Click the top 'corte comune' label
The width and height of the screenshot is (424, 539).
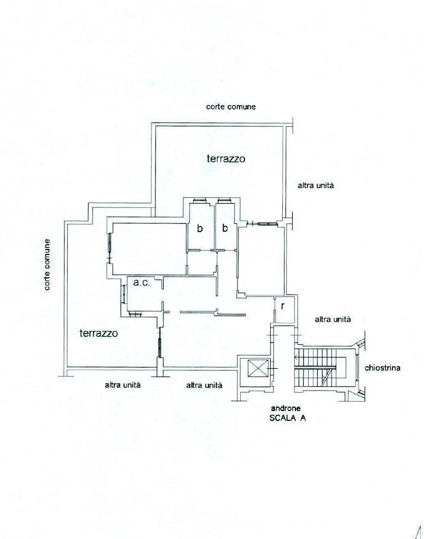pos(230,107)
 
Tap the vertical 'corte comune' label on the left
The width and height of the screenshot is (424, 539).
pos(47,265)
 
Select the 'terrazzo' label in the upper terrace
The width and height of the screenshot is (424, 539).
pos(226,159)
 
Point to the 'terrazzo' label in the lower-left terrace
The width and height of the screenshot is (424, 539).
pos(98,333)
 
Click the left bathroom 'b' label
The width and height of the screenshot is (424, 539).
pos(200,228)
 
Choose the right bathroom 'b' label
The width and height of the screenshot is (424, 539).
pos(225,228)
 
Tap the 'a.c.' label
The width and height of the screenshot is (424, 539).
pos(142,282)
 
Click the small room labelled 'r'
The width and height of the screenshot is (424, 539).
pos(285,309)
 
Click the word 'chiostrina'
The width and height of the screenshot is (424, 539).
pos(382,368)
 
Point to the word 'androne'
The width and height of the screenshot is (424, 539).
pos(286,408)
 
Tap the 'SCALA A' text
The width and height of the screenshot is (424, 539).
pos(288,418)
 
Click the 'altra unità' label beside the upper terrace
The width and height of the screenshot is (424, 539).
pos(316,186)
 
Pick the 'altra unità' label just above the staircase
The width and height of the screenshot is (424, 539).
pos(333,320)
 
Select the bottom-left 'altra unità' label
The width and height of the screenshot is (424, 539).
pos(123,385)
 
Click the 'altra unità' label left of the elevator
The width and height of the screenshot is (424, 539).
pos(204,385)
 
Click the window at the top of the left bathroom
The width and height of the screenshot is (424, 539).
pos(200,200)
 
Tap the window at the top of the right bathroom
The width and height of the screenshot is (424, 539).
pos(224,200)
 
